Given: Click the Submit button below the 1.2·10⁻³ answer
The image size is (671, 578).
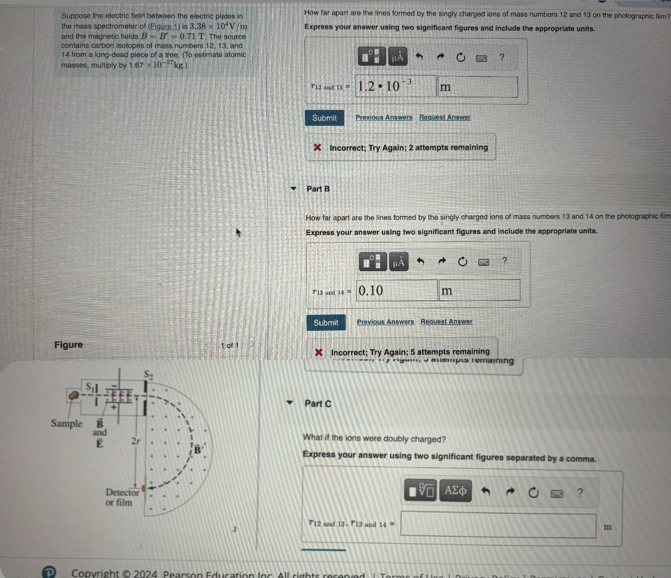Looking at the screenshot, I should [x=324, y=118].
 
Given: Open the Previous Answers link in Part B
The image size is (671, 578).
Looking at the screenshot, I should [x=385, y=322].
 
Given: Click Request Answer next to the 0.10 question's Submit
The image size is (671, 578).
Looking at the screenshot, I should [x=446, y=322].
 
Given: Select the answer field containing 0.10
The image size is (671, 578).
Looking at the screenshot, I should [x=397, y=290].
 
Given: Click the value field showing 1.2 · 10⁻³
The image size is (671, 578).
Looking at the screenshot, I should [x=396, y=87].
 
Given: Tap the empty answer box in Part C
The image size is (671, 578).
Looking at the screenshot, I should [x=498, y=524].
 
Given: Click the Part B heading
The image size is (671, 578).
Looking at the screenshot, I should [x=318, y=189].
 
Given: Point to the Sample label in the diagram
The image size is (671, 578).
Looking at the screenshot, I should [x=67, y=424].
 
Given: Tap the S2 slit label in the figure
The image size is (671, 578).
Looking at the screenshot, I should [x=149, y=375].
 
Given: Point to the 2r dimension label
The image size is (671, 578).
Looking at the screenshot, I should [x=135, y=441].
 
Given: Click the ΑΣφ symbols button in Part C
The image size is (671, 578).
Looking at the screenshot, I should [x=455, y=491].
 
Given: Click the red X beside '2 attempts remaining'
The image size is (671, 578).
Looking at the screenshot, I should [x=318, y=147].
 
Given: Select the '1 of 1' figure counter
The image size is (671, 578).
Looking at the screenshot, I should [x=229, y=345].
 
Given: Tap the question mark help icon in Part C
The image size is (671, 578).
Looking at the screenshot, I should [x=580, y=492].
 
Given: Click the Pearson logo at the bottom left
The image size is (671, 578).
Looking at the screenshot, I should [x=50, y=572].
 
